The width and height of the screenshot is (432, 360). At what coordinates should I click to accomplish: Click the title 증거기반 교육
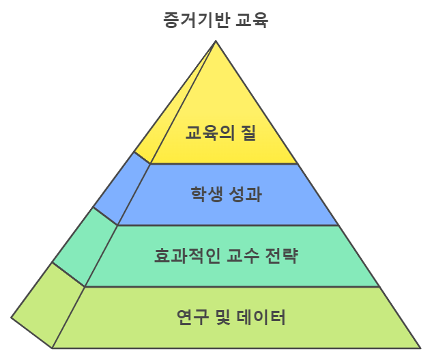(x=216, y=20)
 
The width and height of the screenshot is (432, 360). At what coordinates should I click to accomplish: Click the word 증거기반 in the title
(x=196, y=20)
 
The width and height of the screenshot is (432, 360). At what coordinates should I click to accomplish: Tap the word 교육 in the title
(x=252, y=20)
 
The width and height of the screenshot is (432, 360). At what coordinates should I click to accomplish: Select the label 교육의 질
(x=220, y=133)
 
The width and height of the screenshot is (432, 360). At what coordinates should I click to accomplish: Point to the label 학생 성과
(x=226, y=194)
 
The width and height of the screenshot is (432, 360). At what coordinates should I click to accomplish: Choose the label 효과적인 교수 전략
(x=226, y=255)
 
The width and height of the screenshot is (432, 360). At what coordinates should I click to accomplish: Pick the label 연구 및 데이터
(x=231, y=317)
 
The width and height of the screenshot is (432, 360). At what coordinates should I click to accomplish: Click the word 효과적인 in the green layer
(x=187, y=255)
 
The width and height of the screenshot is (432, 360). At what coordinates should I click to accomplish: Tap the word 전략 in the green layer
(x=282, y=255)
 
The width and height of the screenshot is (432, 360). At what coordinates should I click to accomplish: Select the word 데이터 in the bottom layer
(x=261, y=317)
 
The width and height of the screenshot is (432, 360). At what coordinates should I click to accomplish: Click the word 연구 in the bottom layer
(x=192, y=317)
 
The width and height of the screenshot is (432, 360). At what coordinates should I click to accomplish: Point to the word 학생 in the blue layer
(x=207, y=194)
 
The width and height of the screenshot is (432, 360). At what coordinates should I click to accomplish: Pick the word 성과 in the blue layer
(x=246, y=194)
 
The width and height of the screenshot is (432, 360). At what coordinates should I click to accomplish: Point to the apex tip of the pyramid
(x=216, y=41)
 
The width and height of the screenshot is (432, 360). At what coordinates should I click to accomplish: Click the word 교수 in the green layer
(x=243, y=255)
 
